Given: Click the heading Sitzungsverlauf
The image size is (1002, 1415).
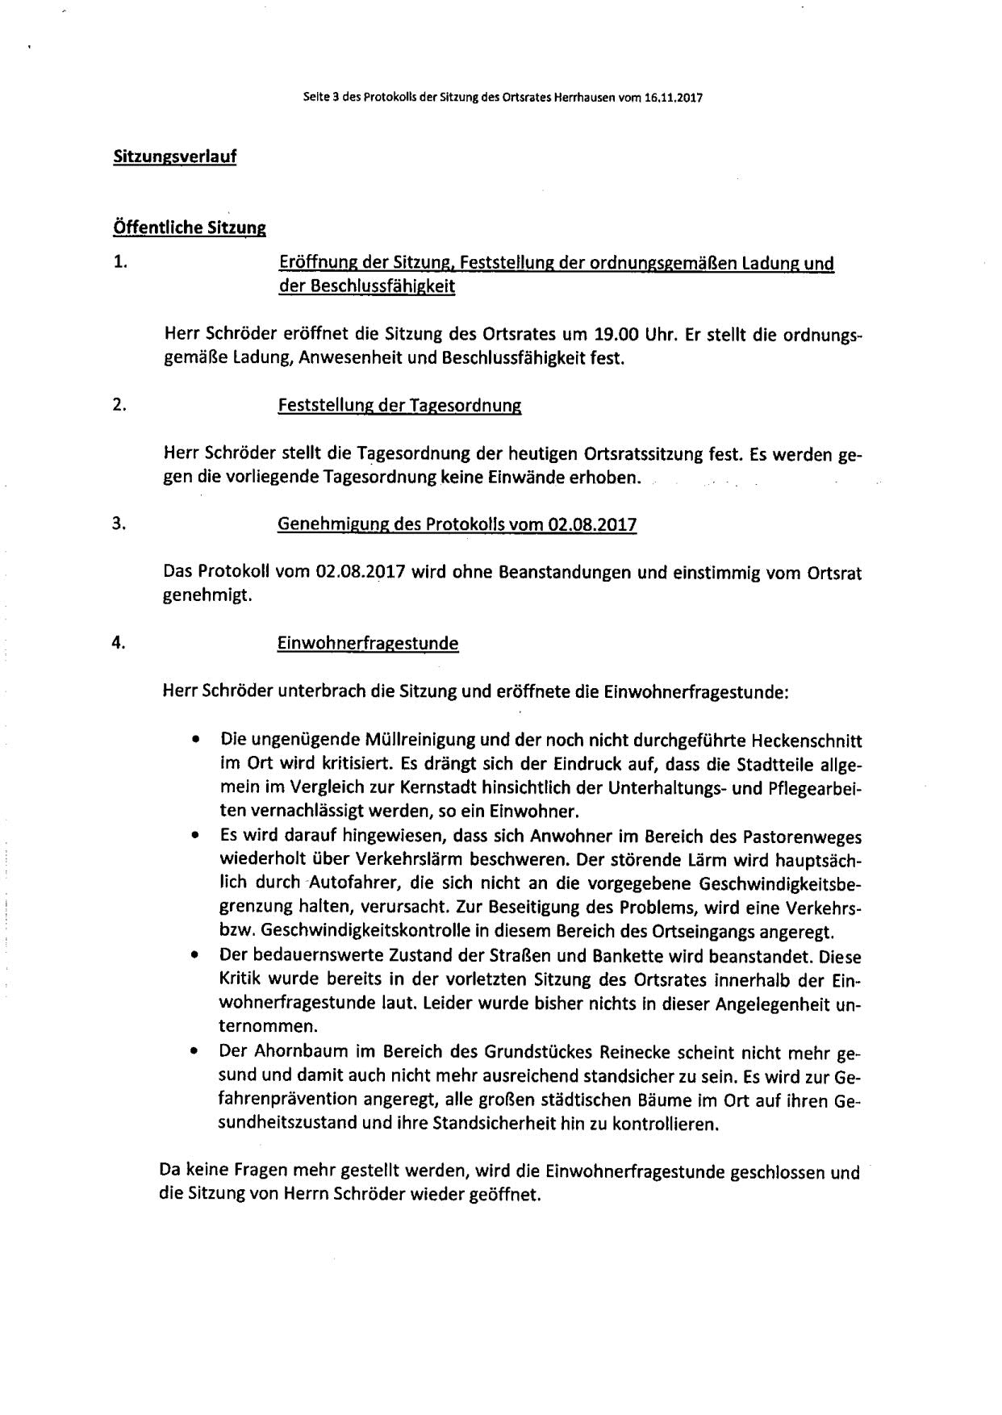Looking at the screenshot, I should (174, 157).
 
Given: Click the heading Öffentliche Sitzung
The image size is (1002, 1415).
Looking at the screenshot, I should (190, 227).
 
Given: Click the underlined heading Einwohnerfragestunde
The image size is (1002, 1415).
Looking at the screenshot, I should (368, 644).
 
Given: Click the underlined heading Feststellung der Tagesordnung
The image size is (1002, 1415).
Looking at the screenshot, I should (399, 406).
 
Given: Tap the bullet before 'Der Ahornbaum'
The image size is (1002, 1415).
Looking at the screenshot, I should (194, 1052).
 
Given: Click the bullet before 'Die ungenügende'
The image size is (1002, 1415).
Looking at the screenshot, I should (194, 739).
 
